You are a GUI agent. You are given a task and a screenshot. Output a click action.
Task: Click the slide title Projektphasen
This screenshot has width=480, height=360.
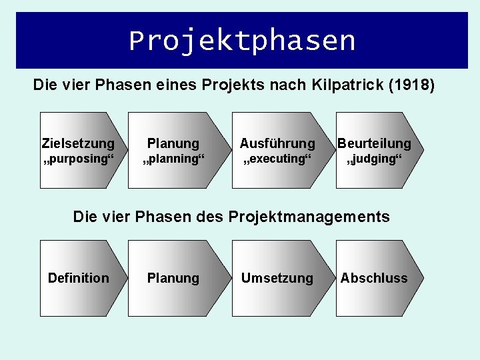(x=242, y=41)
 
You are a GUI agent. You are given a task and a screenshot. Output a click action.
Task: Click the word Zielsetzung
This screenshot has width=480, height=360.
(x=78, y=143)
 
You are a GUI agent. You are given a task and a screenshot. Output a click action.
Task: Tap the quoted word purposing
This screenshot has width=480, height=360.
(x=78, y=160)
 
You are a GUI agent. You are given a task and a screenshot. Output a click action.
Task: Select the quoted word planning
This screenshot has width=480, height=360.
(x=173, y=160)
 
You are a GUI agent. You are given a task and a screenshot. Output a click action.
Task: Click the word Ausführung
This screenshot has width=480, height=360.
(x=277, y=143)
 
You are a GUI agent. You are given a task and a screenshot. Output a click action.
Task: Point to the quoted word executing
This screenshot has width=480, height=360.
(x=277, y=160)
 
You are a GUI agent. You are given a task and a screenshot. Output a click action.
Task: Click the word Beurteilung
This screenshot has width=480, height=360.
(x=374, y=143)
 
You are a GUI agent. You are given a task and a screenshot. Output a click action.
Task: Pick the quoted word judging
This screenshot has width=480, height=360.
(x=374, y=160)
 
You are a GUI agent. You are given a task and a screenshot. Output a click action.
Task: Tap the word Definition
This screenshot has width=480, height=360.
(x=78, y=278)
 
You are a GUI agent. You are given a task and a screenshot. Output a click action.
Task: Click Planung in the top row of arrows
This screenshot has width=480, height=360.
(x=173, y=143)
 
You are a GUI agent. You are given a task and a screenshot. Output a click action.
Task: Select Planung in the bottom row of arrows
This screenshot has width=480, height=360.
(x=173, y=278)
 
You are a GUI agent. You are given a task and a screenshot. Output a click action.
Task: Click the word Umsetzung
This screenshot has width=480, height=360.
(x=277, y=278)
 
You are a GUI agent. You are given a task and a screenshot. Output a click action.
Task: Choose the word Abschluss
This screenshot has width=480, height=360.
(x=374, y=278)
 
